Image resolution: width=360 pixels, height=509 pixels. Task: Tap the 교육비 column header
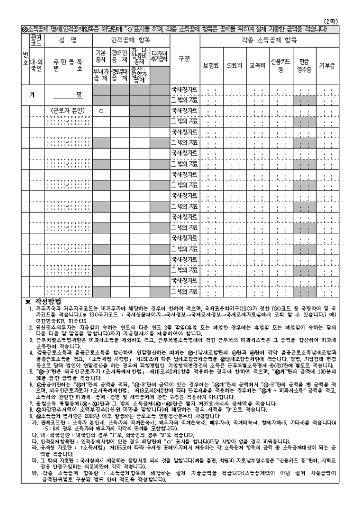point(257,66)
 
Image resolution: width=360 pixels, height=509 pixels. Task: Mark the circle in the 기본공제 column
point(100,111)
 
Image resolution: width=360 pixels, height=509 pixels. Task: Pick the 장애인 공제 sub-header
point(118,55)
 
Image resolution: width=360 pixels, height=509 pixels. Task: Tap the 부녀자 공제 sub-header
point(100,75)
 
